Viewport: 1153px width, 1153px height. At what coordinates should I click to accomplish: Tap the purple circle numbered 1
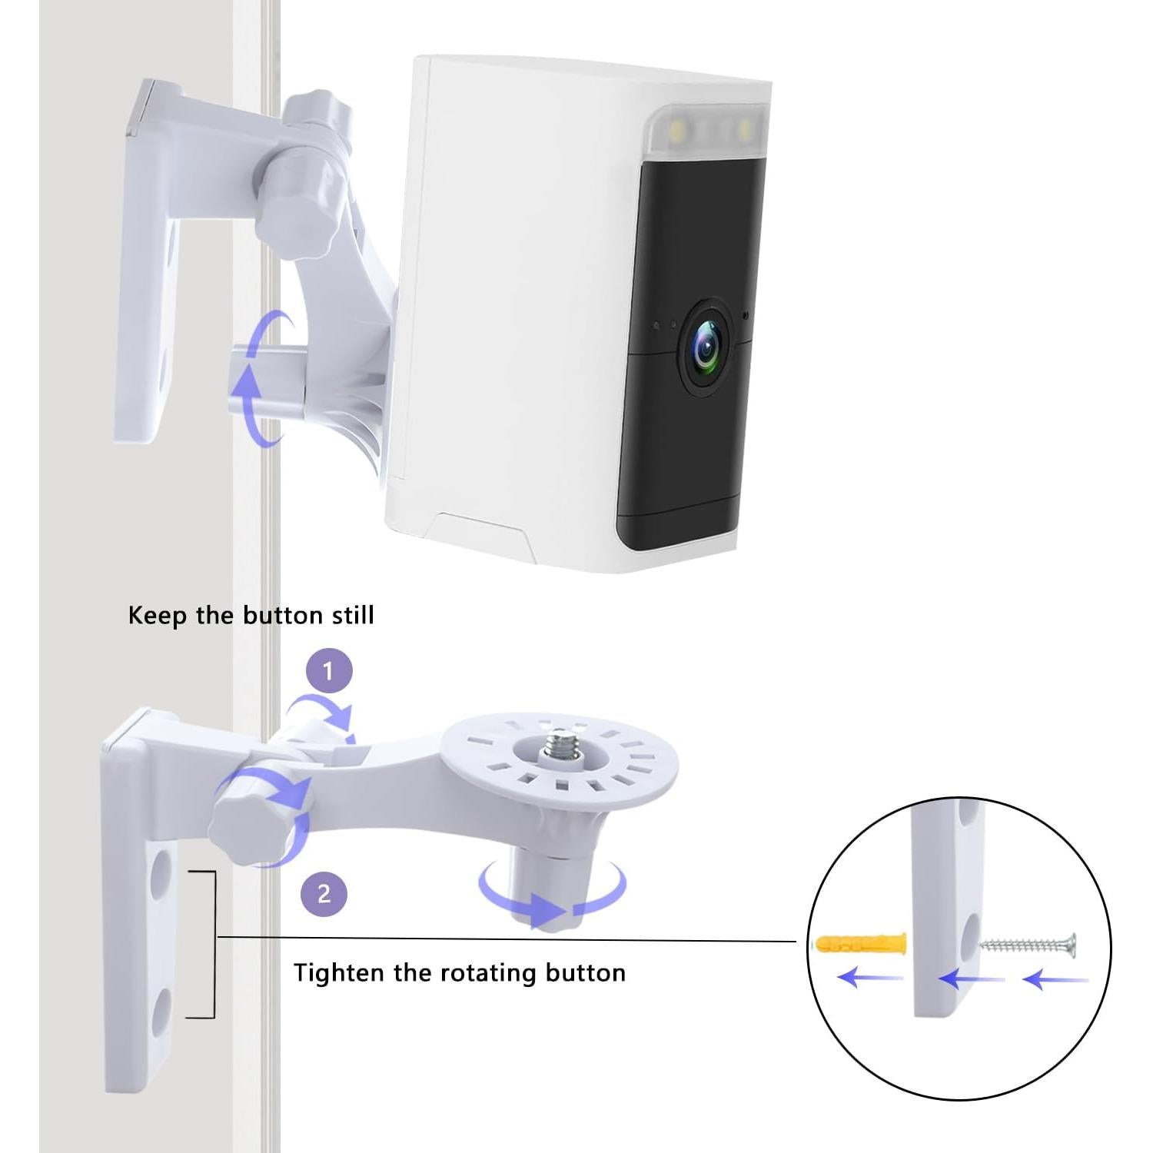328,672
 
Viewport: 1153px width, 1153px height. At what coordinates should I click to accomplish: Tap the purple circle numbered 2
324,894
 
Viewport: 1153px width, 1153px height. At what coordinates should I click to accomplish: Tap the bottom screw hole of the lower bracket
161,1014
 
